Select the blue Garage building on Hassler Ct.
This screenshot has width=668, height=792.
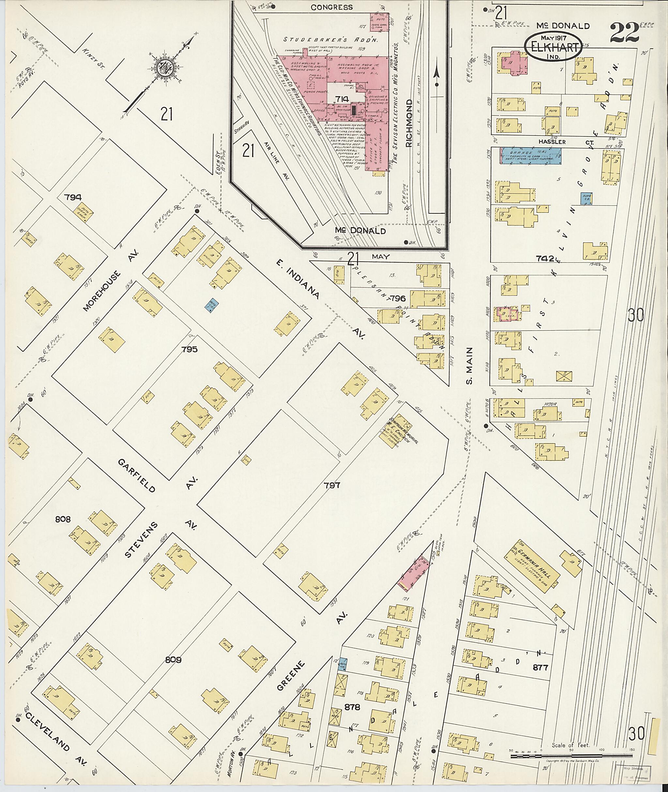click(x=530, y=156)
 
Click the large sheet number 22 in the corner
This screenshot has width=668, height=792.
click(x=625, y=33)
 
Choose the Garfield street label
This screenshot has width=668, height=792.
click(x=136, y=476)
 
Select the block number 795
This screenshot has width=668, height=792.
click(x=189, y=349)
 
